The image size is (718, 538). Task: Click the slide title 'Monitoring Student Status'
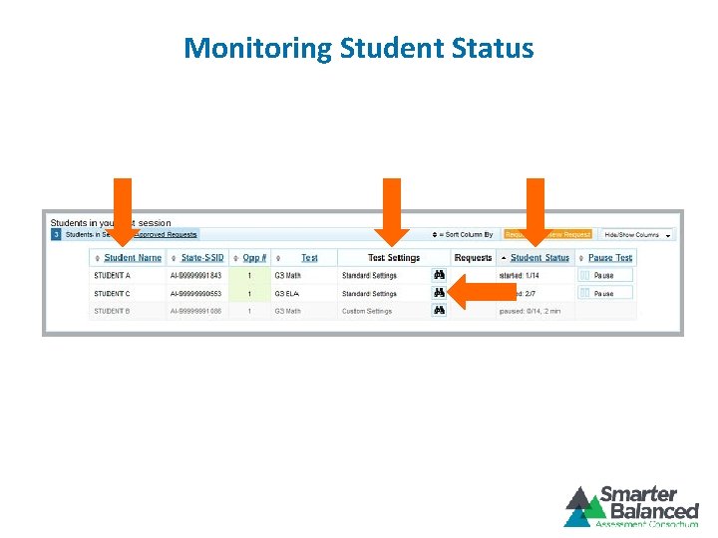(x=359, y=48)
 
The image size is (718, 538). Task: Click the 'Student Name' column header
(x=134, y=258)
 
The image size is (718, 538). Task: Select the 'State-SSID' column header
(x=203, y=258)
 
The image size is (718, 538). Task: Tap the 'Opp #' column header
(x=254, y=258)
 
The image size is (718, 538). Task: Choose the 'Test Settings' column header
(x=394, y=258)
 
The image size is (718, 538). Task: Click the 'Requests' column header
(x=473, y=258)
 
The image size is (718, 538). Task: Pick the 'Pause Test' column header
(x=610, y=258)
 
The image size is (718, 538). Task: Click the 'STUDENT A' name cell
(x=113, y=275)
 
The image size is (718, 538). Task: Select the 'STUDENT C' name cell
(x=113, y=294)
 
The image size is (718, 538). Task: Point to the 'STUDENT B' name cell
(x=113, y=311)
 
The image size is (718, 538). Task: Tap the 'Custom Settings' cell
(x=367, y=311)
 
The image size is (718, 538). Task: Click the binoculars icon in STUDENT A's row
(x=439, y=275)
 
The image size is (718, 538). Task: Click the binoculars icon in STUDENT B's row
(x=439, y=311)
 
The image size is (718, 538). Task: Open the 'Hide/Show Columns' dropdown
(x=636, y=235)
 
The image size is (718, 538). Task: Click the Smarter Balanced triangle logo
(x=582, y=507)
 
